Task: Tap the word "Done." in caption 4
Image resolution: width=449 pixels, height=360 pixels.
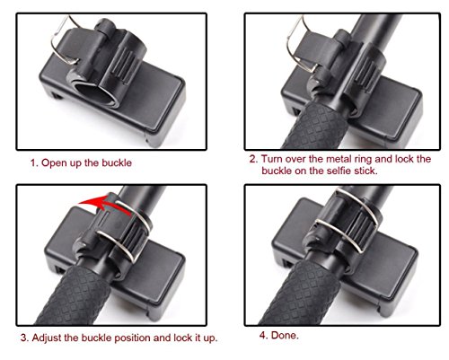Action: tap(285, 335)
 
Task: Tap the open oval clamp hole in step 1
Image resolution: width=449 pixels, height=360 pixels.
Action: tap(93, 93)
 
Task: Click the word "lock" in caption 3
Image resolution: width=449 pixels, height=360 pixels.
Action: tap(181, 338)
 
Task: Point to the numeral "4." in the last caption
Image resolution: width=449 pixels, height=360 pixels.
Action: tap(263, 335)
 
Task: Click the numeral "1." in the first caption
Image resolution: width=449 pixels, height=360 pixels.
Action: tap(35, 163)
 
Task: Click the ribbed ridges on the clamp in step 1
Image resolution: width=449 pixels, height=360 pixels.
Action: tap(123, 64)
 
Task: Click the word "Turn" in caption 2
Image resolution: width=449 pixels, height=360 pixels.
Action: tap(272, 159)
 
